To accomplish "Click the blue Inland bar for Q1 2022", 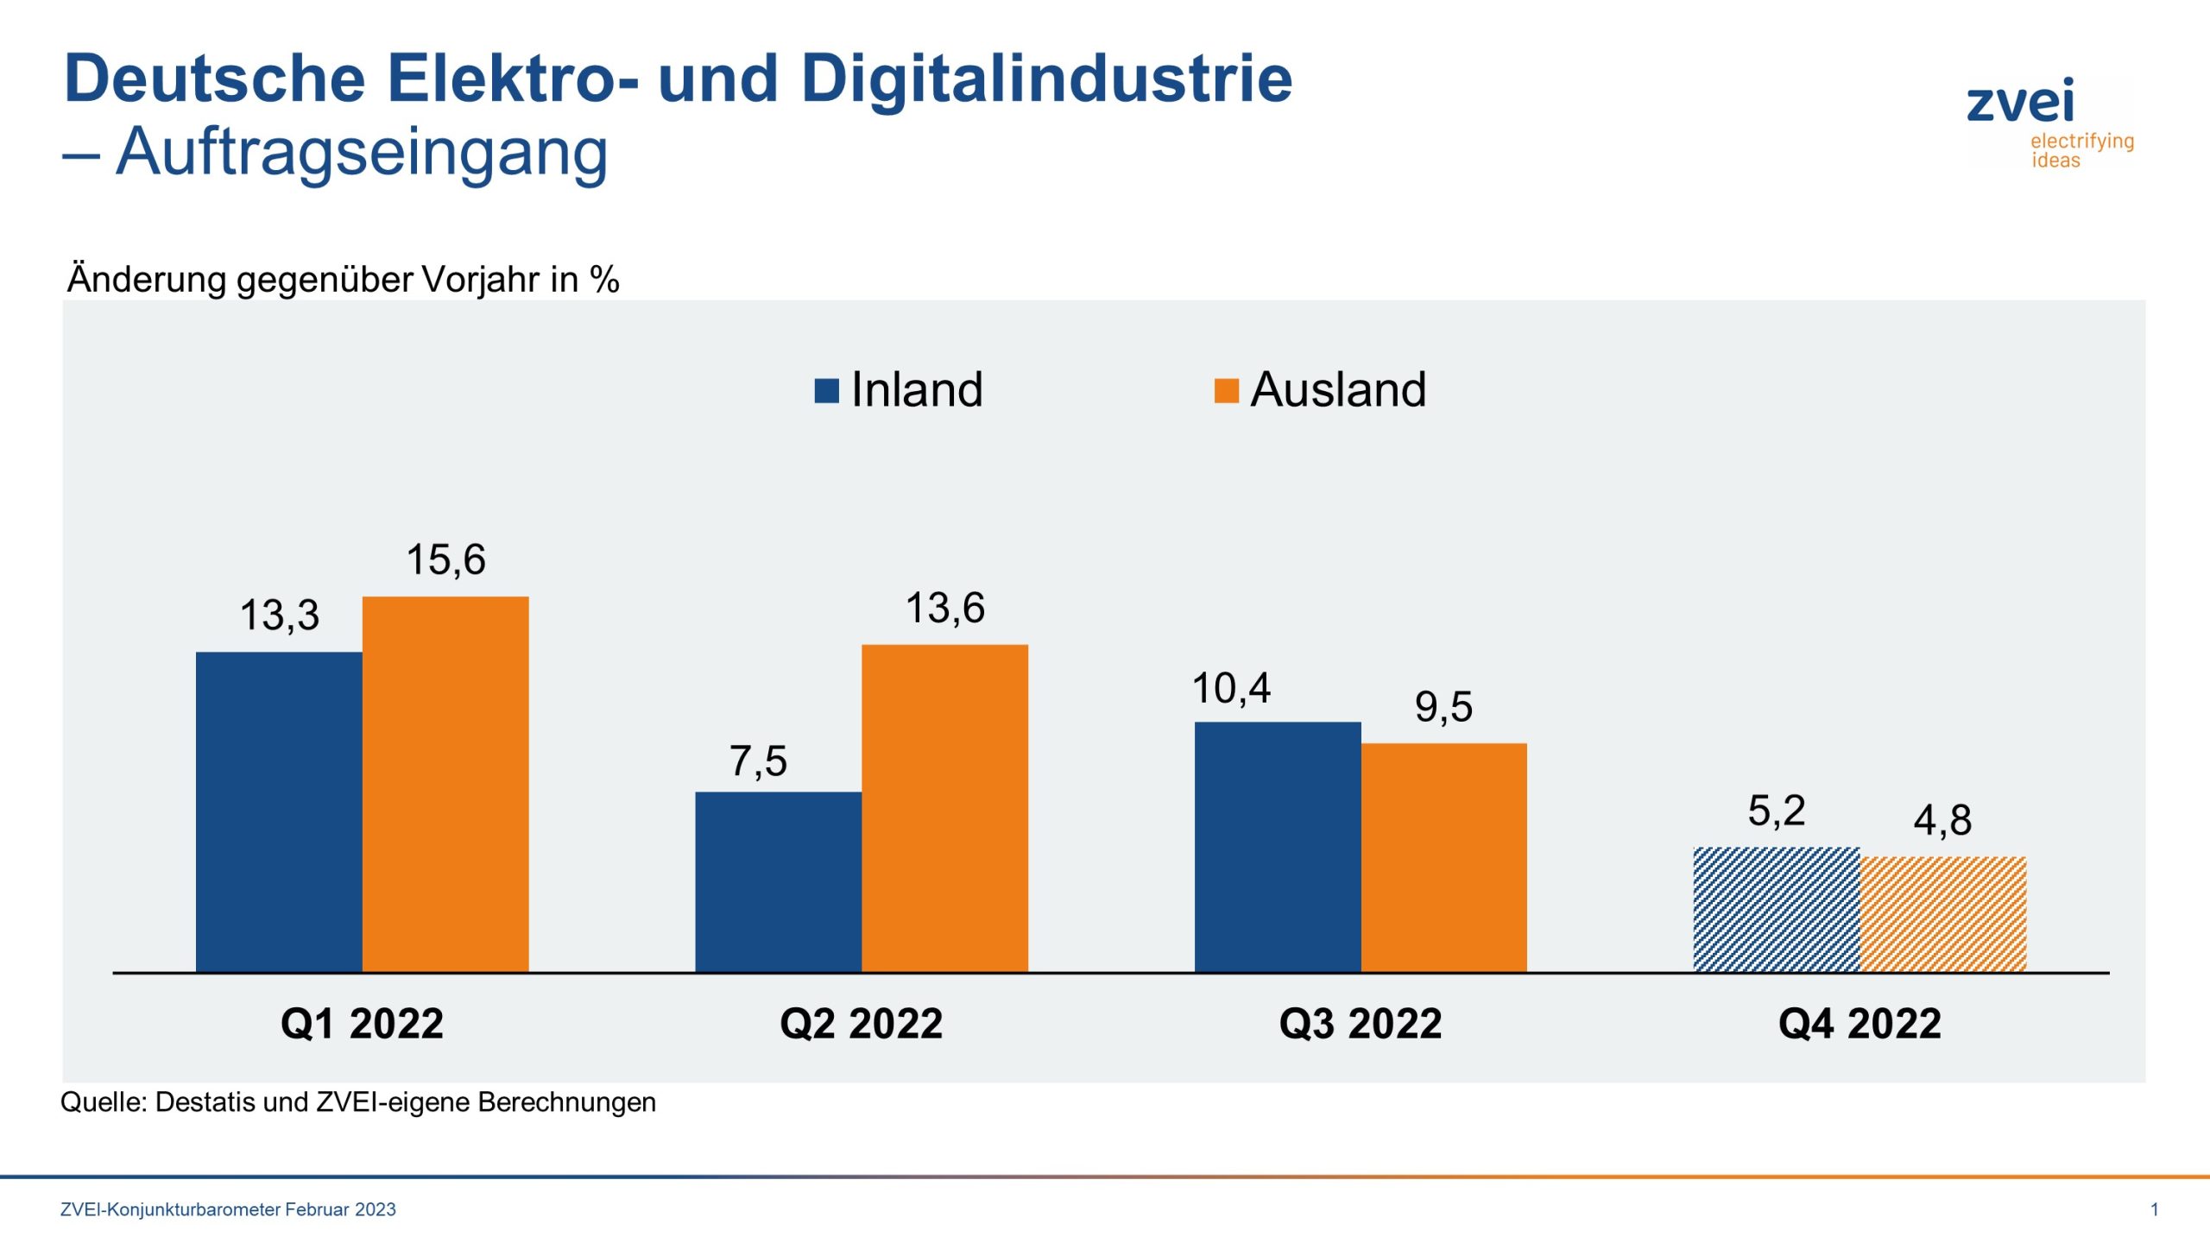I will pos(279,811).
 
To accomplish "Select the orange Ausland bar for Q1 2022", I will pos(445,784).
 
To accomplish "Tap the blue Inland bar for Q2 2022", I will pos(778,881).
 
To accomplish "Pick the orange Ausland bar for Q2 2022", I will pos(944,808).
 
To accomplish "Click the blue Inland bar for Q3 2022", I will pos(1278,847).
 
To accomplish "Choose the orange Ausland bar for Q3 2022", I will pos(1443,857).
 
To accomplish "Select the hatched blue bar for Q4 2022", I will pos(1777,909).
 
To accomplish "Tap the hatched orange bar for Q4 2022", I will pos(1942,914).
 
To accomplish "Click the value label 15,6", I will pos(445,559).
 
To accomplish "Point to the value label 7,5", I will pos(758,761).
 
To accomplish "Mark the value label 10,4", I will pos(1231,689).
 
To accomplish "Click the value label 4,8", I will pos(1942,820).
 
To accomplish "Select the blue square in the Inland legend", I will pos(826,391).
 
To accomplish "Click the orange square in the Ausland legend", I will pos(1226,391).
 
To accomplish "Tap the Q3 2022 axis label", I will pos(1360,1024).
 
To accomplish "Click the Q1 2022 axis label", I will pos(362,1024).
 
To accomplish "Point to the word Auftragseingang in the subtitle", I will pos(362,152).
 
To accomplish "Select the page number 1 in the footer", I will pos(2154,1209).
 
